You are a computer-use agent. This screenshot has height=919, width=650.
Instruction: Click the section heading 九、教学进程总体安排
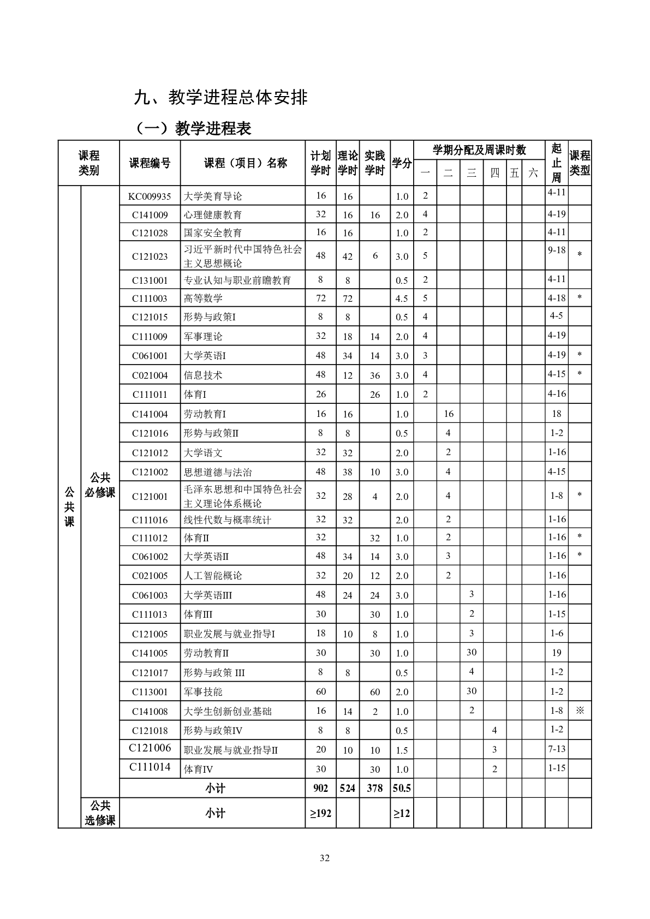click(221, 97)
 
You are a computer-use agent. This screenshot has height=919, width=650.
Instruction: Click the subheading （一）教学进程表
click(193, 128)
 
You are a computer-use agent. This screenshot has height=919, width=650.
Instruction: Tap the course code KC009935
click(150, 196)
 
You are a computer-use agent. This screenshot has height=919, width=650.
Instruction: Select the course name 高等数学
click(203, 299)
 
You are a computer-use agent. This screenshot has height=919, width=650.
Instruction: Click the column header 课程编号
click(150, 163)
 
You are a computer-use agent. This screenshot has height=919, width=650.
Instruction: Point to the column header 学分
click(401, 163)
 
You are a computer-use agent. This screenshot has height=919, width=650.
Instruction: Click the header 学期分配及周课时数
click(479, 150)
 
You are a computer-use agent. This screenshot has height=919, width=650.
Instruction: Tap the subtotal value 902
click(321, 788)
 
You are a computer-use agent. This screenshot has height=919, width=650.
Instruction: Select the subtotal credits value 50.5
click(401, 788)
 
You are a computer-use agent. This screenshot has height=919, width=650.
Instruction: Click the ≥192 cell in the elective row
click(321, 813)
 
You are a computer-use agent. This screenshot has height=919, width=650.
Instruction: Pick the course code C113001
click(150, 692)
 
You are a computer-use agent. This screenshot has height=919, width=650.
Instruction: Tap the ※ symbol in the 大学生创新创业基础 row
click(580, 711)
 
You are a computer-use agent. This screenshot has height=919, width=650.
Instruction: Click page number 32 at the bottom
click(325, 858)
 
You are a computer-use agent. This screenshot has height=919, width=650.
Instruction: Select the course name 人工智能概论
click(213, 576)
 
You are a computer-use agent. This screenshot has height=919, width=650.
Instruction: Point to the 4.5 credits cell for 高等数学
click(401, 299)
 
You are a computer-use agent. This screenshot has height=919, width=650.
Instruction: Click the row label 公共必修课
click(100, 485)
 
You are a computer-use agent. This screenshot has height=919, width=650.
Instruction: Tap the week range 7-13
click(556, 749)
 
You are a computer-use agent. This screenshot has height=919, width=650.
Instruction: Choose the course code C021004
click(150, 375)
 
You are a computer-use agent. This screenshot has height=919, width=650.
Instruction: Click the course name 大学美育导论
click(213, 196)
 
